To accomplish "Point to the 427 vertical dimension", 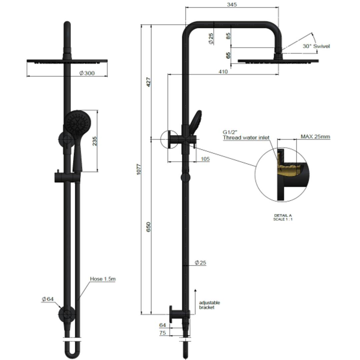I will pos(149,82).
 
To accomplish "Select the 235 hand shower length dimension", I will pos(95,141).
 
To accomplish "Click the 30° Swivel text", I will pos(316,46).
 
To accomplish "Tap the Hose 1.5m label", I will pos(103,279).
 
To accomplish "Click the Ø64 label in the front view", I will pos(48,299).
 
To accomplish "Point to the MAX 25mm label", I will pos(315,137).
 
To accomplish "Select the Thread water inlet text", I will pos(246,138).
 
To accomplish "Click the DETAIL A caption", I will pos(282,216).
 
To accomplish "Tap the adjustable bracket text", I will pos(209,305).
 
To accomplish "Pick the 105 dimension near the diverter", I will pos(205,159).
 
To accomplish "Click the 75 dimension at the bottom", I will pos(163,333).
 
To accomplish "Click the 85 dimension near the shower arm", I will pos(228,36).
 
